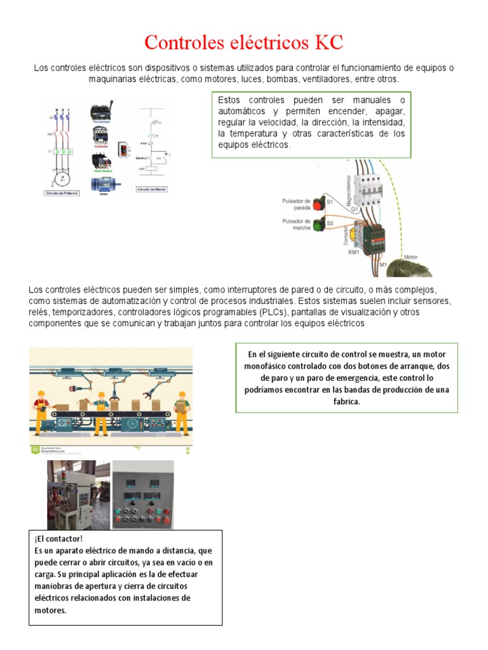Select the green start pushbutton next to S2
(x=319, y=224)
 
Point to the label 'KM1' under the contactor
(x=354, y=252)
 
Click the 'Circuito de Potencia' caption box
(x=62, y=192)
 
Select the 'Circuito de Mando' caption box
(x=152, y=189)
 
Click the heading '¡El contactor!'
(x=55, y=538)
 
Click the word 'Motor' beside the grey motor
(x=411, y=257)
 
